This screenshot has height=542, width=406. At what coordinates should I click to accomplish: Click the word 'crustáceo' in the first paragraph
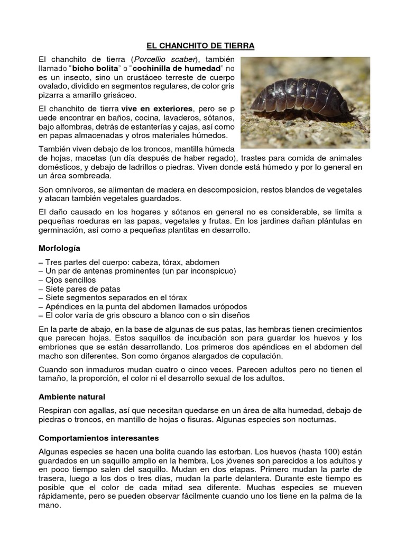[x=113, y=77]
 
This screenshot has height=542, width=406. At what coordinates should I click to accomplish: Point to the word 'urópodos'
[x=229, y=306]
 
